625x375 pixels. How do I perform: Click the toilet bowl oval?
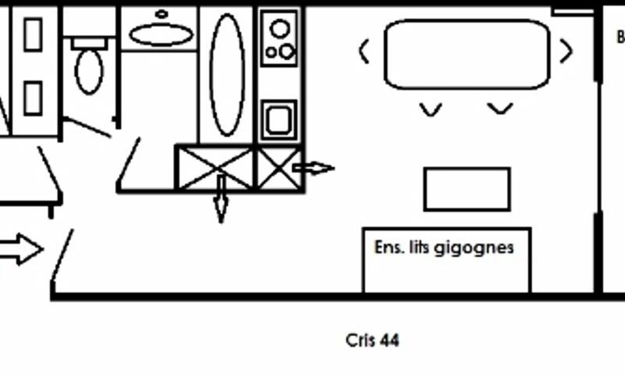click(88, 72)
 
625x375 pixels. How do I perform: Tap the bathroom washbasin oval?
click(160, 34)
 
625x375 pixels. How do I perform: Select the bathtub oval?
click(227, 75)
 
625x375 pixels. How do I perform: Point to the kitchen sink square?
click(279, 120)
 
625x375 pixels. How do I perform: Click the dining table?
click(466, 54)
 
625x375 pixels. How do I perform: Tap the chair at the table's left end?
click(364, 52)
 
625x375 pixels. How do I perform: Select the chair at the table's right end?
click(566, 52)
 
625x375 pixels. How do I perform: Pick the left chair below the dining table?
click(430, 109)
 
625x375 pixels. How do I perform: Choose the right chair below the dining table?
click(500, 109)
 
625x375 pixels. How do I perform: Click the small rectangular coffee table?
click(466, 189)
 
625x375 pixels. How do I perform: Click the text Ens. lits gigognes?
click(444, 248)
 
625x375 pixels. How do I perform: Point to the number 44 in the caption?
click(388, 341)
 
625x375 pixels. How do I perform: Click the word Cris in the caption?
click(360, 341)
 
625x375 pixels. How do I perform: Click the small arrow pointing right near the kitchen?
click(314, 167)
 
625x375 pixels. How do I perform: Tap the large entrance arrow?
click(20, 250)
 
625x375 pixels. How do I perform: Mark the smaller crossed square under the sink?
click(279, 167)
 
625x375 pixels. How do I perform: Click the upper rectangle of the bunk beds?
click(32, 34)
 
